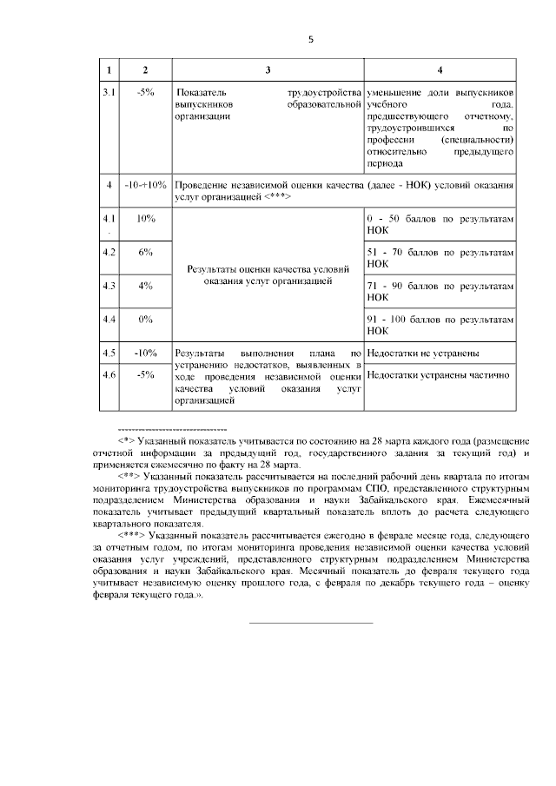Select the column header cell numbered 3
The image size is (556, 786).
point(268,69)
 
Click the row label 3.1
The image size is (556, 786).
point(108,92)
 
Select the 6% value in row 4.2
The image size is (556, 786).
point(145,252)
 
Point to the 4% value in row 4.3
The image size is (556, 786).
point(145,286)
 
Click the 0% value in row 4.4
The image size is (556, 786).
point(145,320)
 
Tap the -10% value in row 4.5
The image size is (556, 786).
point(145,353)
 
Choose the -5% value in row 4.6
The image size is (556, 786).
point(145,374)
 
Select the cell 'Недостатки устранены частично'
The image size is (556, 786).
point(436,376)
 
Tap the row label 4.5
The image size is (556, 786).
point(108,353)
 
